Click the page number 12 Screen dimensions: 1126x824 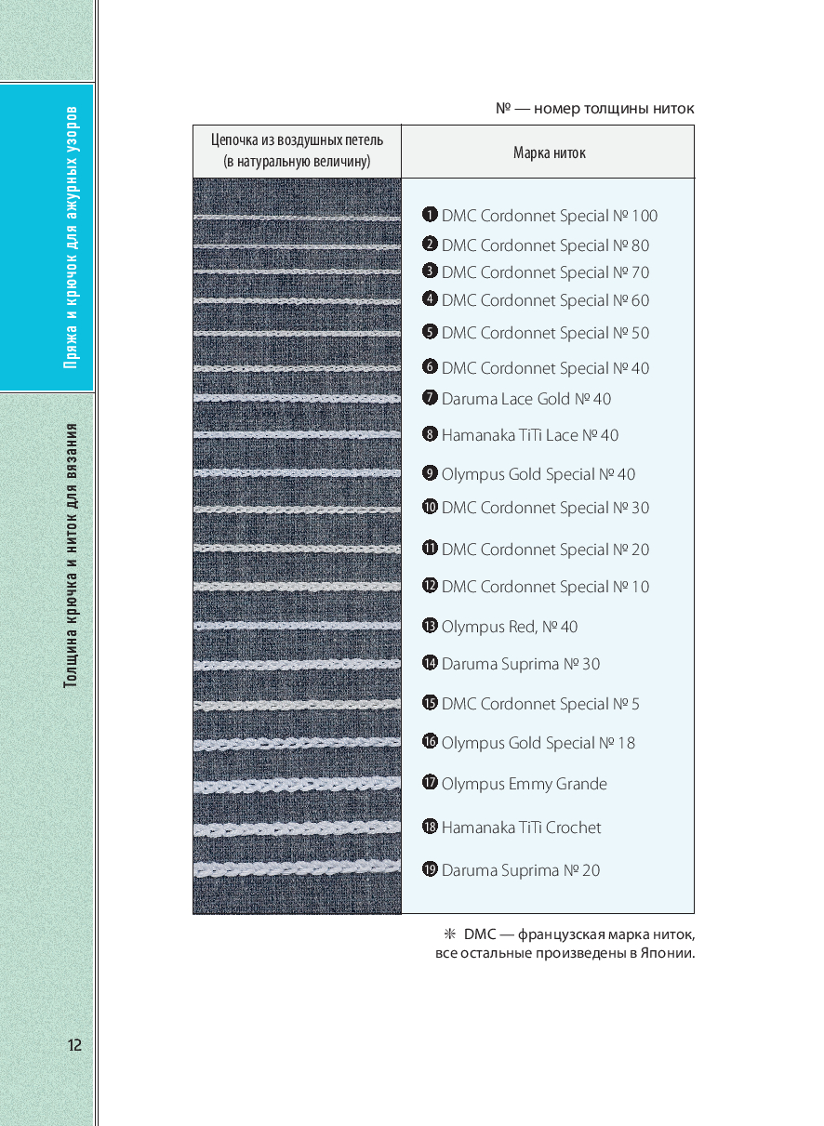[x=74, y=1045]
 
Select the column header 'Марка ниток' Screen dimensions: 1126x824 [x=549, y=152]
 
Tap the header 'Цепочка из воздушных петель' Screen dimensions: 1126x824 [x=297, y=140]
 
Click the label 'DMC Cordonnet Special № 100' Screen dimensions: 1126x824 [x=549, y=216]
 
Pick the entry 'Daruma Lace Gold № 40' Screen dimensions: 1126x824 [x=526, y=399]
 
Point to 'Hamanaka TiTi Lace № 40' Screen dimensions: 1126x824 [x=529, y=435]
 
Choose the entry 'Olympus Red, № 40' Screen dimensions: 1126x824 [x=509, y=627]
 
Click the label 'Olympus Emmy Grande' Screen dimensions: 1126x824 [x=524, y=784]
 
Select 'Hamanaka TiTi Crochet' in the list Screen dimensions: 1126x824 [x=521, y=828]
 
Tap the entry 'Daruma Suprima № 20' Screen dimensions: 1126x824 [x=520, y=870]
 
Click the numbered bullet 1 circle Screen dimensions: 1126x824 [x=430, y=215]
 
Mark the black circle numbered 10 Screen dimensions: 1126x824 [x=430, y=507]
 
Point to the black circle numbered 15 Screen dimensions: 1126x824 [x=430, y=703]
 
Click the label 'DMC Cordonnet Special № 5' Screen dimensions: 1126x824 [x=540, y=704]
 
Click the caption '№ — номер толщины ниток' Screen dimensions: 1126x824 [x=595, y=109]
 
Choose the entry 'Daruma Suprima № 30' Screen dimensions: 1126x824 [x=520, y=664]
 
